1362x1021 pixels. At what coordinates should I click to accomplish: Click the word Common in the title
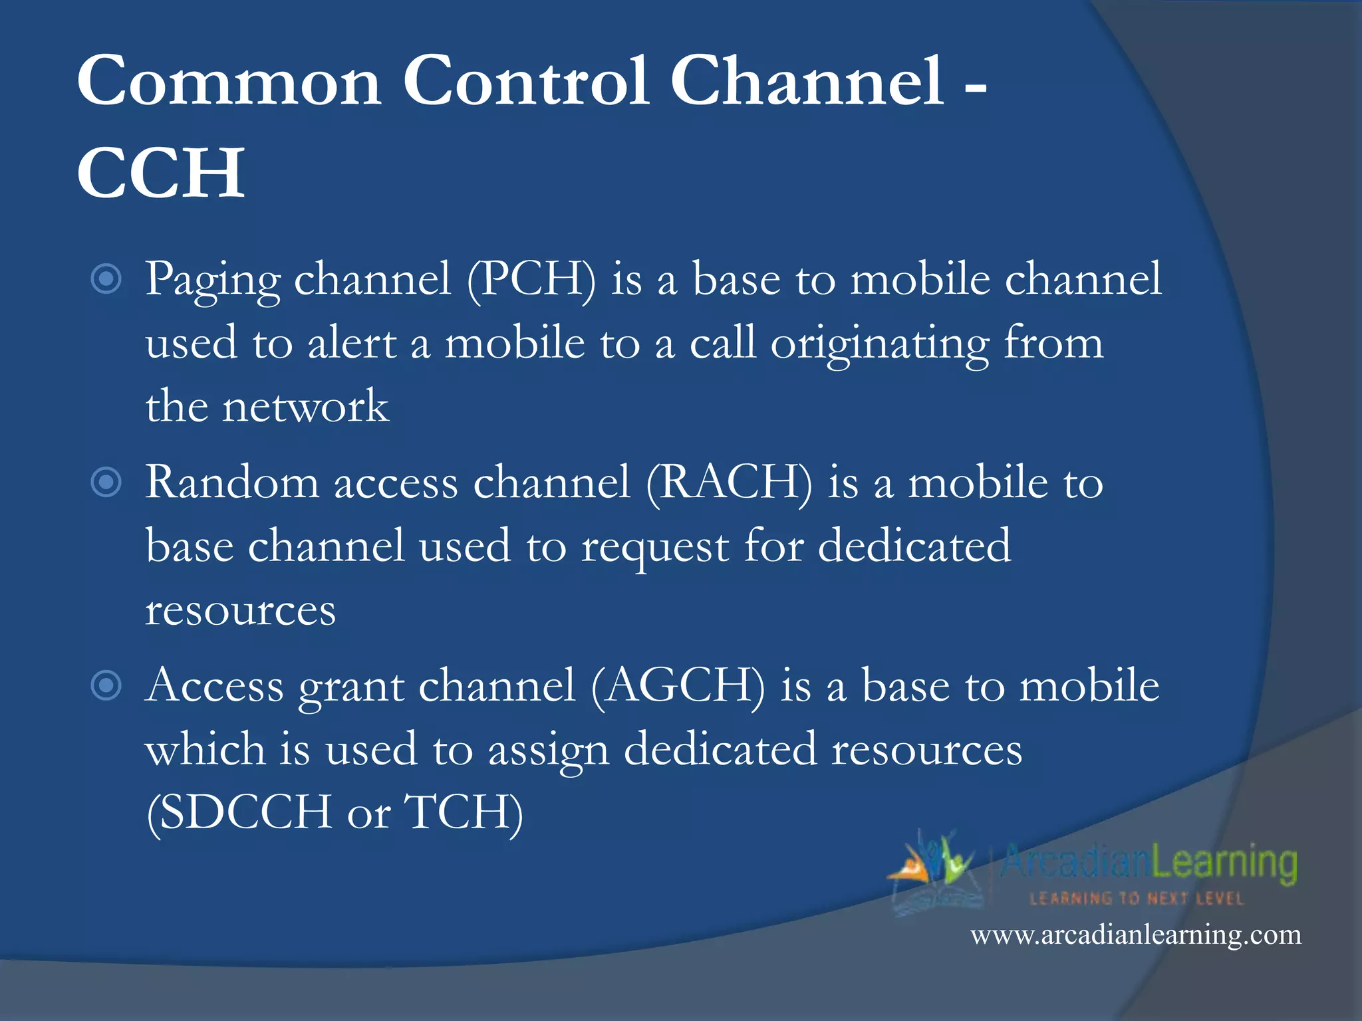(229, 81)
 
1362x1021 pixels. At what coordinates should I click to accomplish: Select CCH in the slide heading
(161, 173)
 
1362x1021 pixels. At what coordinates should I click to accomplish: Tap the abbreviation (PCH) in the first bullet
(531, 279)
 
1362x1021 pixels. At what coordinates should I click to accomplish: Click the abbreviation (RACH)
(729, 483)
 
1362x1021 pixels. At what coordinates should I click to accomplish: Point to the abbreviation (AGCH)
(678, 686)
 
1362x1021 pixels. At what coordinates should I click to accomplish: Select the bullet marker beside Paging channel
(106, 279)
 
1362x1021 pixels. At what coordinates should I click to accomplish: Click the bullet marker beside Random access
(106, 483)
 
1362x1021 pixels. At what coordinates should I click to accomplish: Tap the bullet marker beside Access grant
(106, 686)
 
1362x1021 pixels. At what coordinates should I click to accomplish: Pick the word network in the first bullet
(305, 407)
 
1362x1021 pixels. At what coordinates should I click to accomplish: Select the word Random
(232, 483)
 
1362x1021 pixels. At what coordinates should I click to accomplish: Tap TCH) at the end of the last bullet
(464, 812)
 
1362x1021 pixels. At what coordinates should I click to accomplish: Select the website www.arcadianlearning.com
(1135, 935)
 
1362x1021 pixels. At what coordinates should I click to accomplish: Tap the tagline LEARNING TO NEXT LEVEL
(1136, 899)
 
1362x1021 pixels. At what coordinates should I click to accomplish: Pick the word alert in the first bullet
(352, 344)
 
